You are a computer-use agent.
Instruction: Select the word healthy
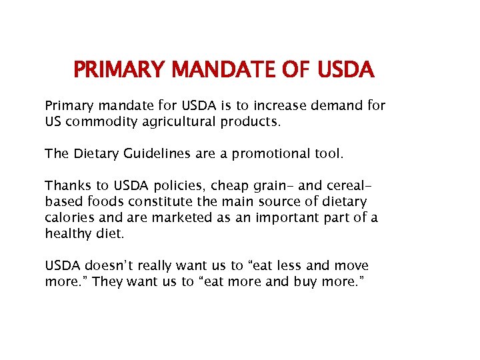click(x=65, y=233)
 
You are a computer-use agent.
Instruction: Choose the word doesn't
click(x=103, y=265)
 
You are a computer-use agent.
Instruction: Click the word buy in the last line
click(x=306, y=281)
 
